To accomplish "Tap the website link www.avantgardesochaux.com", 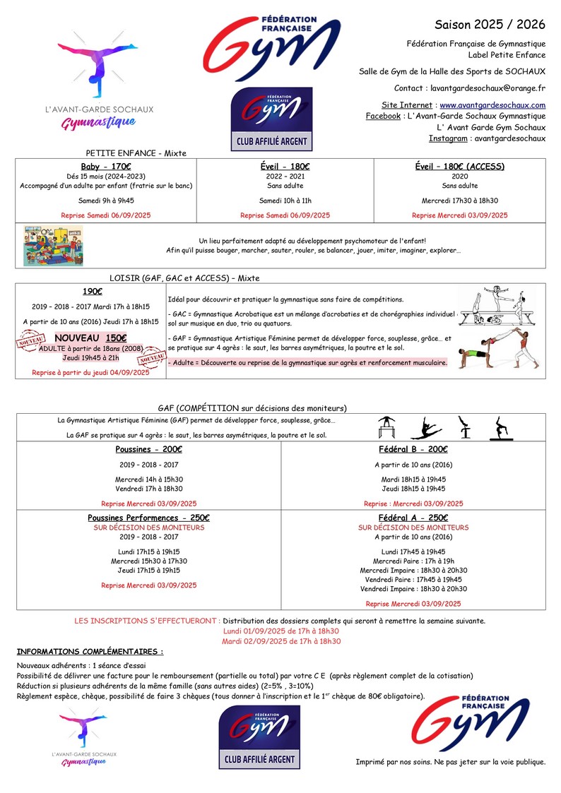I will tap(492, 105).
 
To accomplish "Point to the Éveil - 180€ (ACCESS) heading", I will tap(459, 167).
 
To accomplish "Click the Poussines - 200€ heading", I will tap(148, 449).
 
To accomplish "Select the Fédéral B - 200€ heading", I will tap(413, 449).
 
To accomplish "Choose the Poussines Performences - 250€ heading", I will tap(148, 518).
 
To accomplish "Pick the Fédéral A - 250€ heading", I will tap(413, 518).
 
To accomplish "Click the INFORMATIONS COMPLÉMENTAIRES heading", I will tap(90, 651).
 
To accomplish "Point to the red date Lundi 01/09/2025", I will tap(281, 631).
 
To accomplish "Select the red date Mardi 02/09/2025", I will tap(281, 641).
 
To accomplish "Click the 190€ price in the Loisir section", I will tap(91, 290).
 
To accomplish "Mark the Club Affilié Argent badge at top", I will tap(272, 119).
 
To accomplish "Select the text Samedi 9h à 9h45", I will tap(107, 201).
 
